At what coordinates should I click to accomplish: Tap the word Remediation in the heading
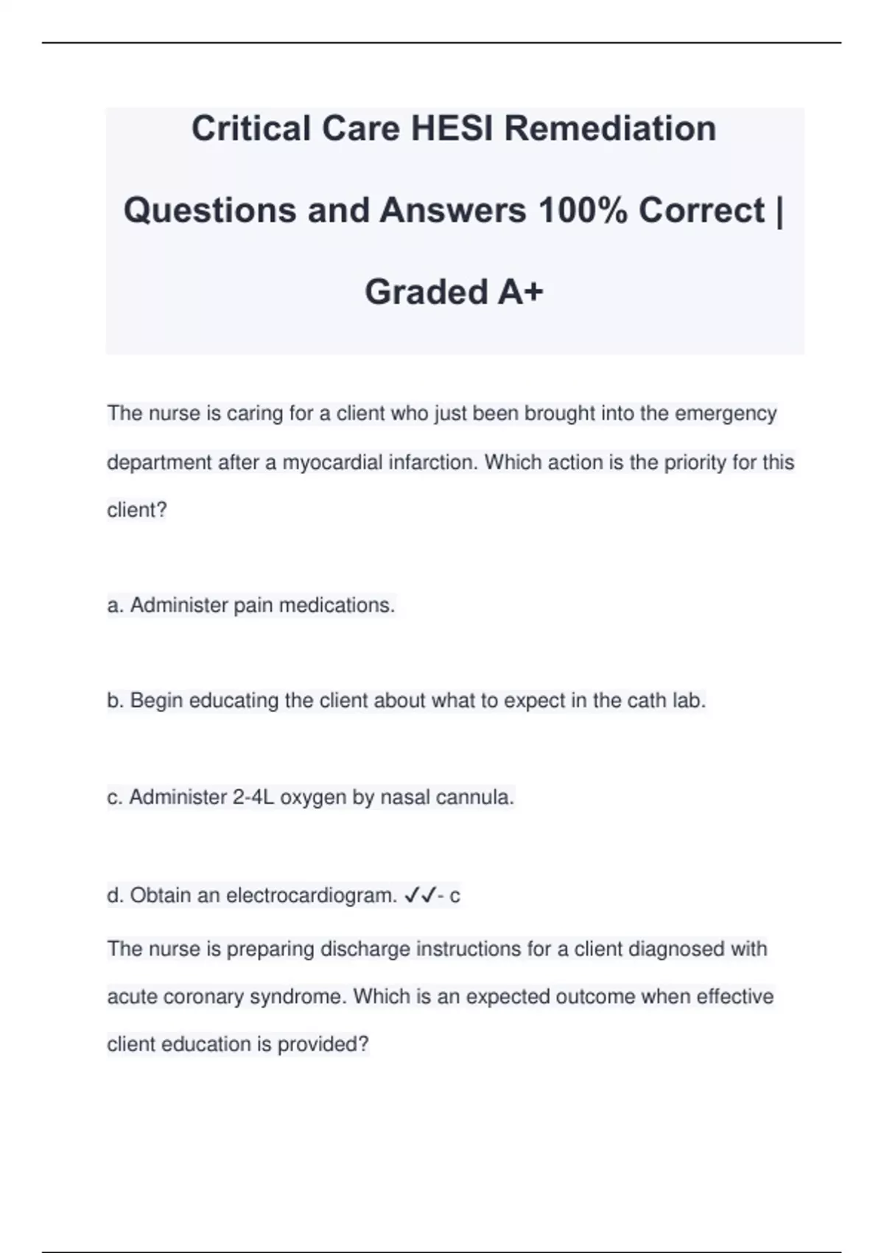pos(610,128)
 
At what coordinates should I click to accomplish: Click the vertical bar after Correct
pos(779,210)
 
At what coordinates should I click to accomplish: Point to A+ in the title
pos(520,292)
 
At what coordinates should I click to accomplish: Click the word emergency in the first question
pos(726,413)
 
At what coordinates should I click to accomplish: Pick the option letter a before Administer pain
pos(114,606)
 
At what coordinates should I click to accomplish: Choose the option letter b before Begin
pos(114,701)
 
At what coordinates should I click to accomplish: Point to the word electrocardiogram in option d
pos(312,896)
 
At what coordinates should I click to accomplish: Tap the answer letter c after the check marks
pos(455,896)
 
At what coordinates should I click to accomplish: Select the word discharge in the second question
pos(366,949)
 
